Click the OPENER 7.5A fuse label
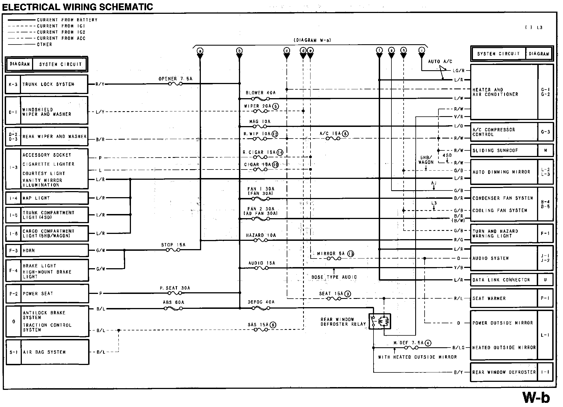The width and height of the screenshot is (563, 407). (x=175, y=79)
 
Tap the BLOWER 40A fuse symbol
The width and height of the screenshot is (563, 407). (x=261, y=99)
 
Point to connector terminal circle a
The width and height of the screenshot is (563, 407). (x=200, y=51)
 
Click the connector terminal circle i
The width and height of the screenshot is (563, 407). (x=422, y=50)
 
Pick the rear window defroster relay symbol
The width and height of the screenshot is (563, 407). (x=380, y=321)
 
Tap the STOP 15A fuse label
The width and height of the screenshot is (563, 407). (x=173, y=245)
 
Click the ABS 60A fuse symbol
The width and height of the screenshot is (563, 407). (x=173, y=308)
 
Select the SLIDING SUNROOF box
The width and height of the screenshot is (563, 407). (x=504, y=150)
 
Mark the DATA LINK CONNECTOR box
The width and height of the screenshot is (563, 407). (x=504, y=280)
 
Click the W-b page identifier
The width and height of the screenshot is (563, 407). (x=536, y=397)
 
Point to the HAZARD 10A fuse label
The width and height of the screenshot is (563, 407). (x=261, y=235)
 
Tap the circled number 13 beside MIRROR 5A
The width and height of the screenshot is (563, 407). (x=351, y=254)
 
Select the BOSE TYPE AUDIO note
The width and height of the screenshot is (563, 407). (x=334, y=277)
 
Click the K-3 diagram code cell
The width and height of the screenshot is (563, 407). (x=13, y=84)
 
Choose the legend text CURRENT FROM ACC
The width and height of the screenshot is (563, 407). (x=61, y=38)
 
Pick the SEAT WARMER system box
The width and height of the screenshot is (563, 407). (x=504, y=298)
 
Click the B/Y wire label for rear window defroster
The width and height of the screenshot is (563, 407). (x=458, y=372)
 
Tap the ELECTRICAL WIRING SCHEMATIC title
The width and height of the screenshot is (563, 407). (x=77, y=7)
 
